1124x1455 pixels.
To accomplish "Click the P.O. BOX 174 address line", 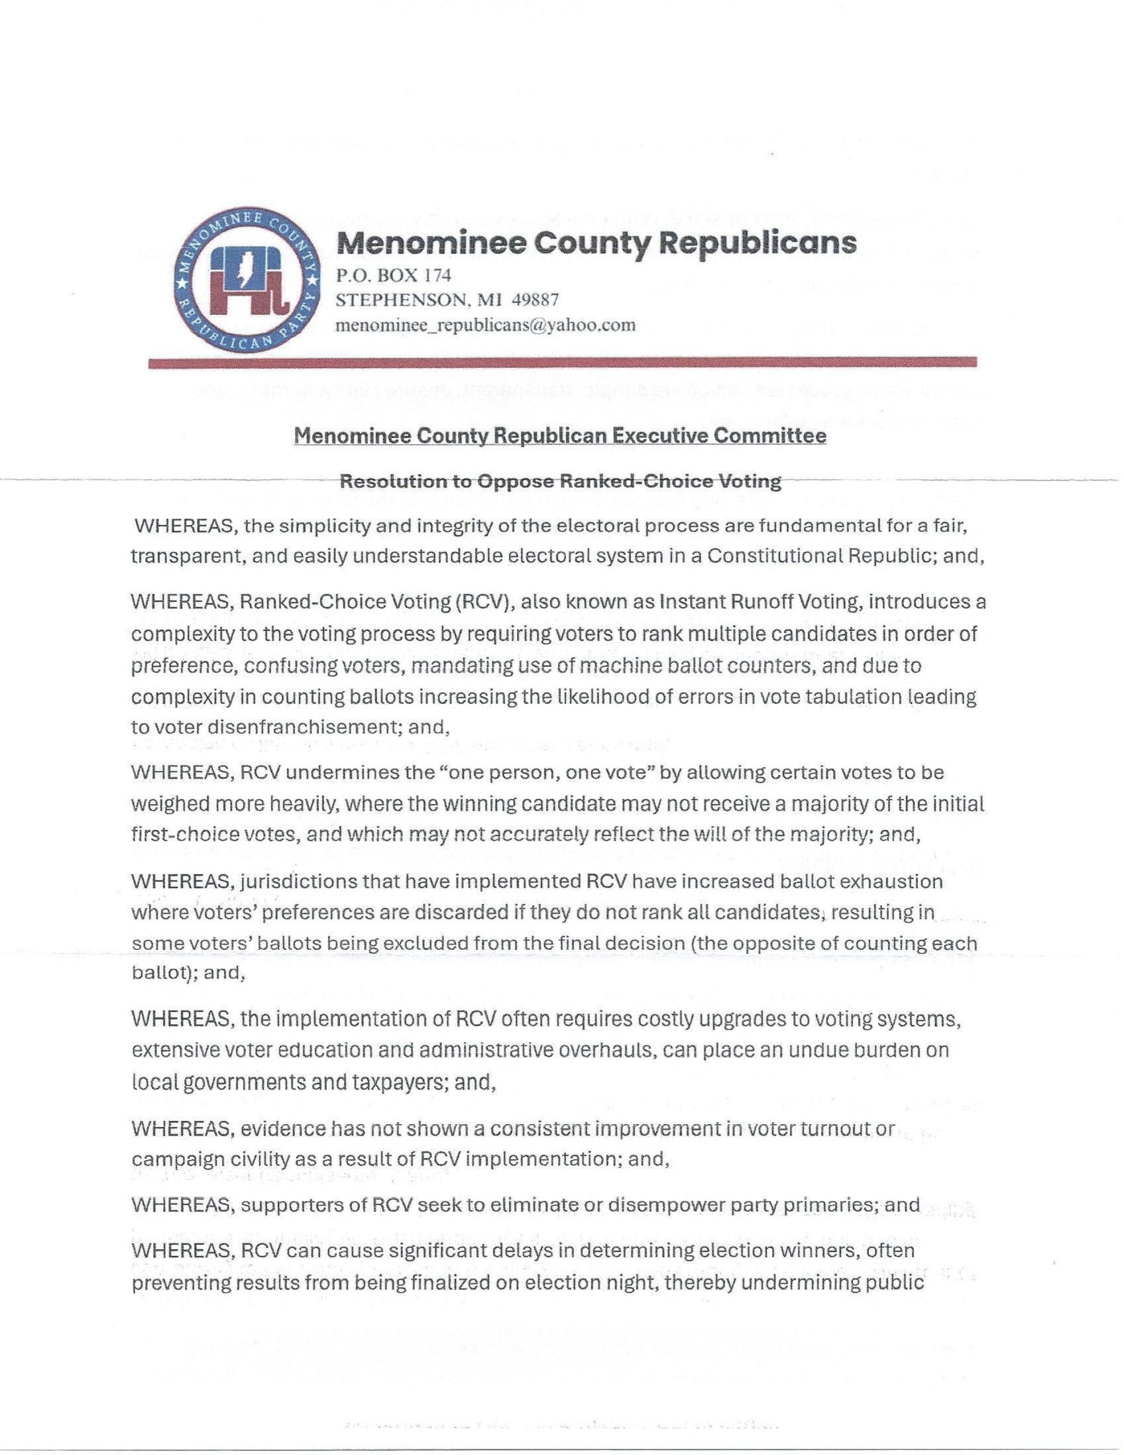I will (x=394, y=275).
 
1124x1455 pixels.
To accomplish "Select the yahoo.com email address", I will (x=486, y=325).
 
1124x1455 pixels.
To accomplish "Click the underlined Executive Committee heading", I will (x=560, y=436).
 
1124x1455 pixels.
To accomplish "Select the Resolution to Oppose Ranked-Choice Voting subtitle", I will (x=560, y=481).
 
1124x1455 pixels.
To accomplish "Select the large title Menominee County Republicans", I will (x=596, y=243).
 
